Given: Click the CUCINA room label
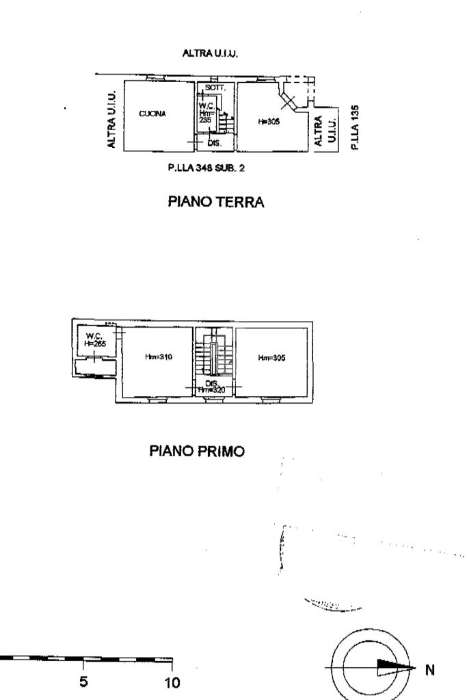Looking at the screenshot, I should click(153, 114).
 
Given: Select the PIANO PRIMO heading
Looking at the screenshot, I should click(196, 452).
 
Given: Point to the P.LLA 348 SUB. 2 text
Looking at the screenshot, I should click(206, 168).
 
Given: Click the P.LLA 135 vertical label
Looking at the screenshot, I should click(353, 127).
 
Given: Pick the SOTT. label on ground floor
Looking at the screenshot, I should click(215, 89).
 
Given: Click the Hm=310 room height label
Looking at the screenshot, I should click(158, 357).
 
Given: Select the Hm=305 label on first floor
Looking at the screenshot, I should click(271, 357).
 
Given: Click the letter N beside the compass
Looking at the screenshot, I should click(430, 669).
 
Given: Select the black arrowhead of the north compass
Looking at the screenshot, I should click(397, 669).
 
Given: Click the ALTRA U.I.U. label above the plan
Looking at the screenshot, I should click(211, 53).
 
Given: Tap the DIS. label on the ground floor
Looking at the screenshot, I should click(213, 143).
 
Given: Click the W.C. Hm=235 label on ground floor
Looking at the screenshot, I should click(206, 112).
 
